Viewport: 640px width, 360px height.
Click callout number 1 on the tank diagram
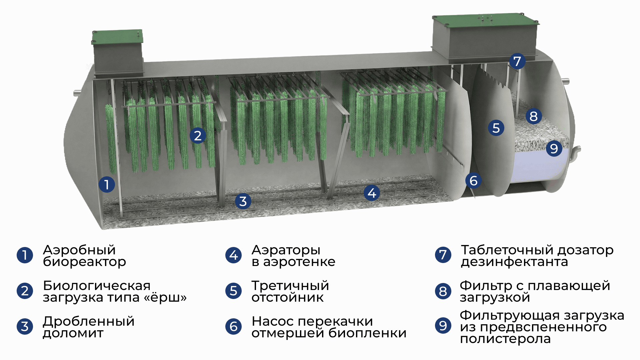[107, 184]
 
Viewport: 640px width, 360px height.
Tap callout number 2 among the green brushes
[198, 136]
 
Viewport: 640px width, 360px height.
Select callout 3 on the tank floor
[243, 201]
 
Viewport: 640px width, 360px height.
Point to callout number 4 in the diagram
[372, 193]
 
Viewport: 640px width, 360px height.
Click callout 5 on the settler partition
[496, 128]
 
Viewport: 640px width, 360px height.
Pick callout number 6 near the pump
[474, 181]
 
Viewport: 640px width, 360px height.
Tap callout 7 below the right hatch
[517, 61]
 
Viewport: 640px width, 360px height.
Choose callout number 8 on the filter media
[534, 116]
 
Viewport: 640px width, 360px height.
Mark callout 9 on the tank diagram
[554, 148]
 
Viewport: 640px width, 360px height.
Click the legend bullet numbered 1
[25, 255]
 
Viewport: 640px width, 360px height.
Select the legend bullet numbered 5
[234, 291]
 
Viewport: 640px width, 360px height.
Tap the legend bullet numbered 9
[443, 326]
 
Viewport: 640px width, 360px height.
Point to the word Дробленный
[89, 321]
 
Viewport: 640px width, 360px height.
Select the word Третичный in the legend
[290, 286]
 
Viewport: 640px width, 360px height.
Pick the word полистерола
[505, 339]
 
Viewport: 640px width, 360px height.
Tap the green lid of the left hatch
[117, 37]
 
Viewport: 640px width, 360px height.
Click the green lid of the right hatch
[485, 20]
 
